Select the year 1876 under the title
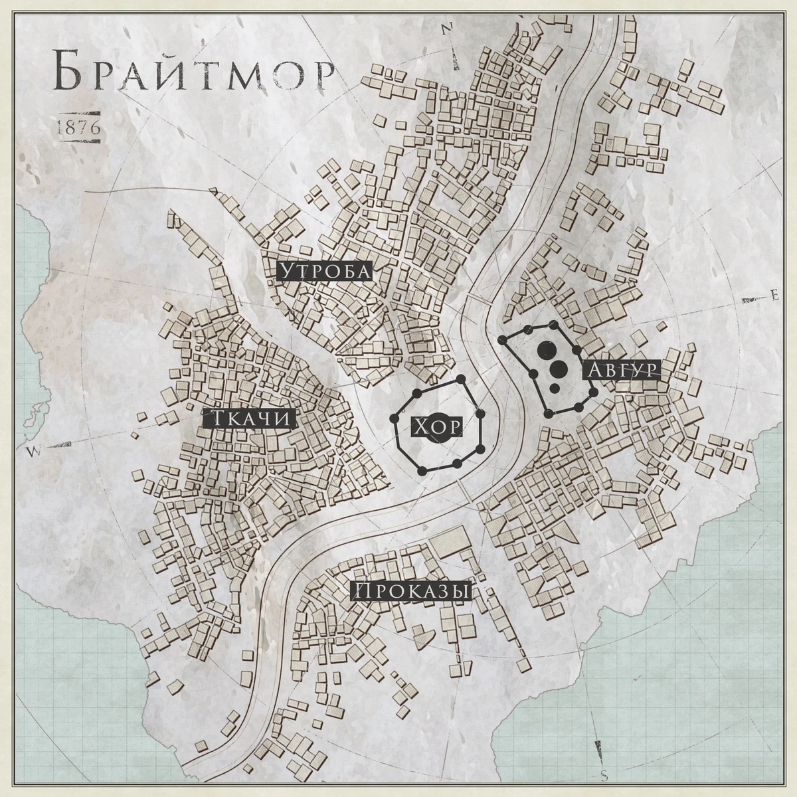pyautogui.click(x=79, y=128)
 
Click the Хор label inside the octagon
pyautogui.click(x=437, y=427)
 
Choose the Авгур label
pyautogui.click(x=622, y=371)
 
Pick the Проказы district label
pyautogui.click(x=411, y=592)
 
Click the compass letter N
pyautogui.click(x=447, y=28)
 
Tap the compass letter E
pyautogui.click(x=773, y=294)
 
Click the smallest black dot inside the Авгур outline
pyautogui.click(x=553, y=388)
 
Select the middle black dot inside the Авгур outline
pyautogui.click(x=559, y=369)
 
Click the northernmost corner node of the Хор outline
pyautogui.click(x=460, y=379)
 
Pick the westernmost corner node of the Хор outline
pyautogui.click(x=394, y=420)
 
